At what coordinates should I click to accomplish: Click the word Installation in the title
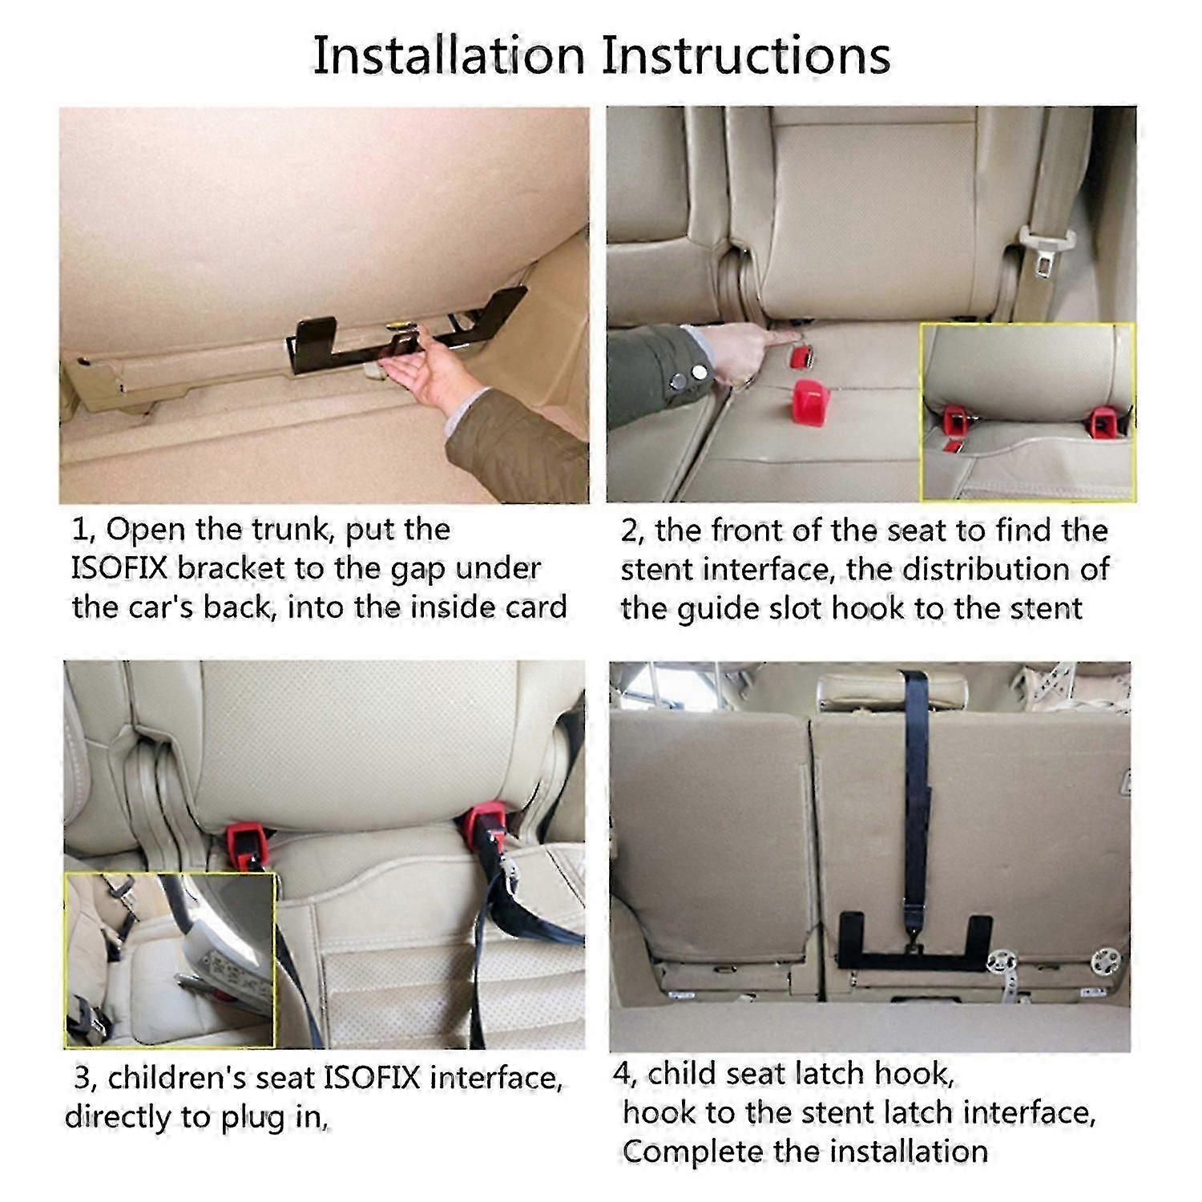[x=449, y=56]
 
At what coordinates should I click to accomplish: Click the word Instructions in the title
[x=746, y=56]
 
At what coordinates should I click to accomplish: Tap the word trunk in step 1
[x=292, y=530]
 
